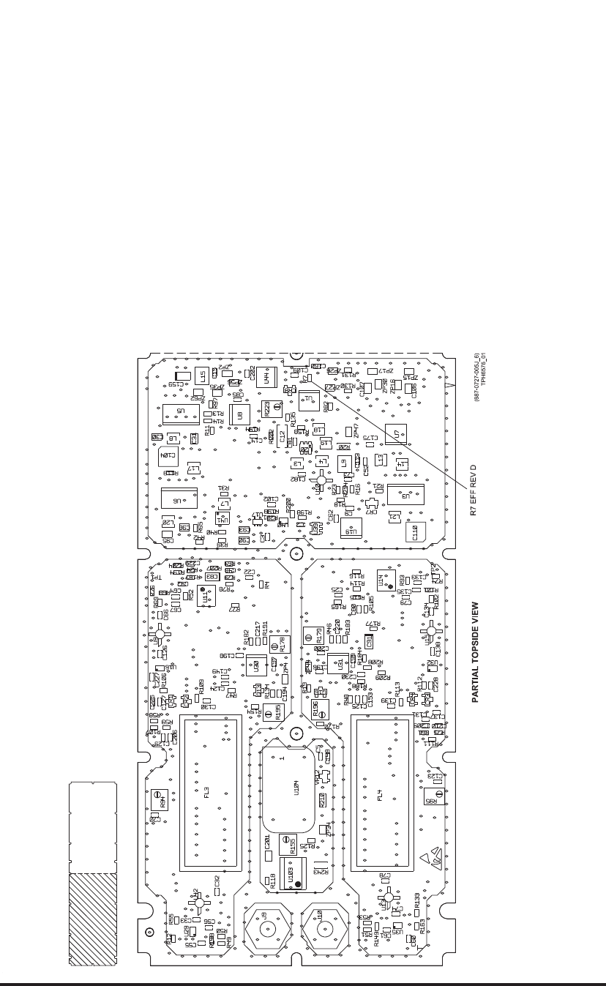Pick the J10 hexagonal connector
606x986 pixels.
(x=320, y=931)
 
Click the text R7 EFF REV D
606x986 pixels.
(x=474, y=490)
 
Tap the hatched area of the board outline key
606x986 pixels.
(x=93, y=919)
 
